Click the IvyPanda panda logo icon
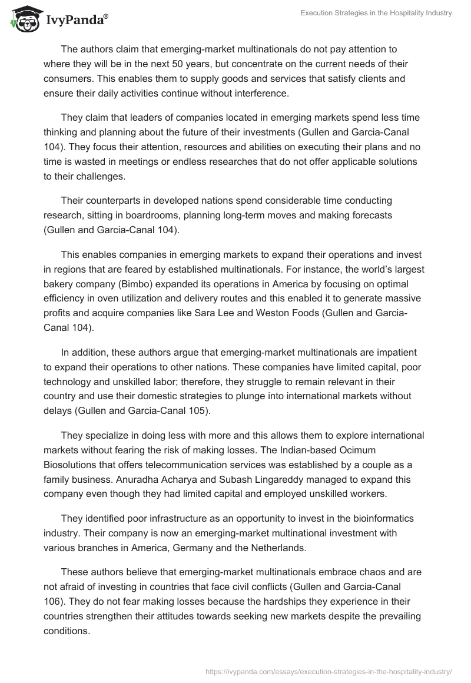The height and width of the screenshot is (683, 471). pos(23,20)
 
